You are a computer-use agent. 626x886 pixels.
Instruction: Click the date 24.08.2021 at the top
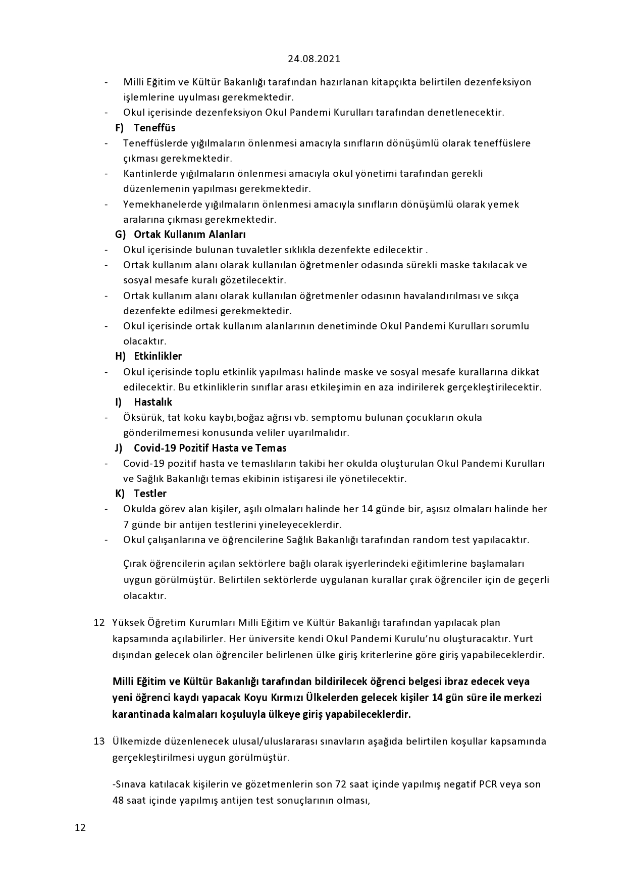(x=314, y=59)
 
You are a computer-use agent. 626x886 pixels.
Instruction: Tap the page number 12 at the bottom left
(x=80, y=827)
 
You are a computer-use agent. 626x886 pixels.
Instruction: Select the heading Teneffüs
(x=154, y=128)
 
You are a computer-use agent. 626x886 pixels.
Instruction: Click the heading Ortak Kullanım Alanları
(x=190, y=234)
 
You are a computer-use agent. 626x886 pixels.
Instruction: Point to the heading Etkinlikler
(x=158, y=356)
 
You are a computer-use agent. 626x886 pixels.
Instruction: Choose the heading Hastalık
(x=153, y=402)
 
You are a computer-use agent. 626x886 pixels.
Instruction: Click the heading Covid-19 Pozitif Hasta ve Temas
(x=210, y=448)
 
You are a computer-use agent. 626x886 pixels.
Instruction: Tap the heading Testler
(x=150, y=494)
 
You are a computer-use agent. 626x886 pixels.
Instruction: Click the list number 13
(x=99, y=741)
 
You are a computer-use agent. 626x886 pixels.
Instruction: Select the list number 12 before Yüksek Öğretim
(x=99, y=622)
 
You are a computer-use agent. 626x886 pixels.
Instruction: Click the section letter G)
(x=121, y=234)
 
